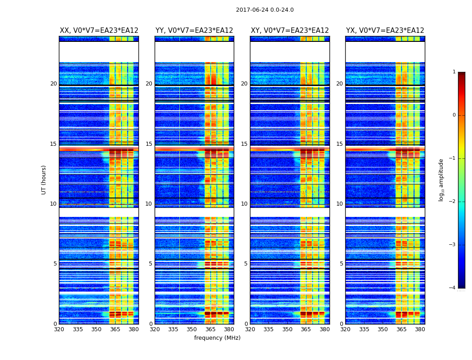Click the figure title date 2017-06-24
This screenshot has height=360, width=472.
[264, 10]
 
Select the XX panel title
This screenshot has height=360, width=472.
[99, 31]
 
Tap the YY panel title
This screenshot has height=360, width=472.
[194, 31]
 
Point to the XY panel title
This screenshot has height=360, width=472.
[289, 31]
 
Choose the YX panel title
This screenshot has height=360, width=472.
[385, 31]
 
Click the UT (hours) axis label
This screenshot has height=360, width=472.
[44, 180]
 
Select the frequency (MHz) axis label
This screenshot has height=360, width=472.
[217, 338]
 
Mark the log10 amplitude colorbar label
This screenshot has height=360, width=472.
[441, 180]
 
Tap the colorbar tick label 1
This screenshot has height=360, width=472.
[454, 72]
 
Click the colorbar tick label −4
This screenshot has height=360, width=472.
[452, 288]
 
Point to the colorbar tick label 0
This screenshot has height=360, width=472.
[454, 115]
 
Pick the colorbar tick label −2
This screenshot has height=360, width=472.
[452, 202]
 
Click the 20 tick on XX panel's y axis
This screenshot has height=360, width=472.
[53, 84]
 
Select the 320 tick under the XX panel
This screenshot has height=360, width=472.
[59, 329]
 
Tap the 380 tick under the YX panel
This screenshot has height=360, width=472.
[420, 329]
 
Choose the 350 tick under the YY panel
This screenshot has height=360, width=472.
[192, 329]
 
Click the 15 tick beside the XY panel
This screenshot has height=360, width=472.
[244, 144]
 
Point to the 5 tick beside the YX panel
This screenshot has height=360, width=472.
[342, 264]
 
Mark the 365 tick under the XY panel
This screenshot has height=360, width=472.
[306, 329]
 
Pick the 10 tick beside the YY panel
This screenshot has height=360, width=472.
[149, 204]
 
